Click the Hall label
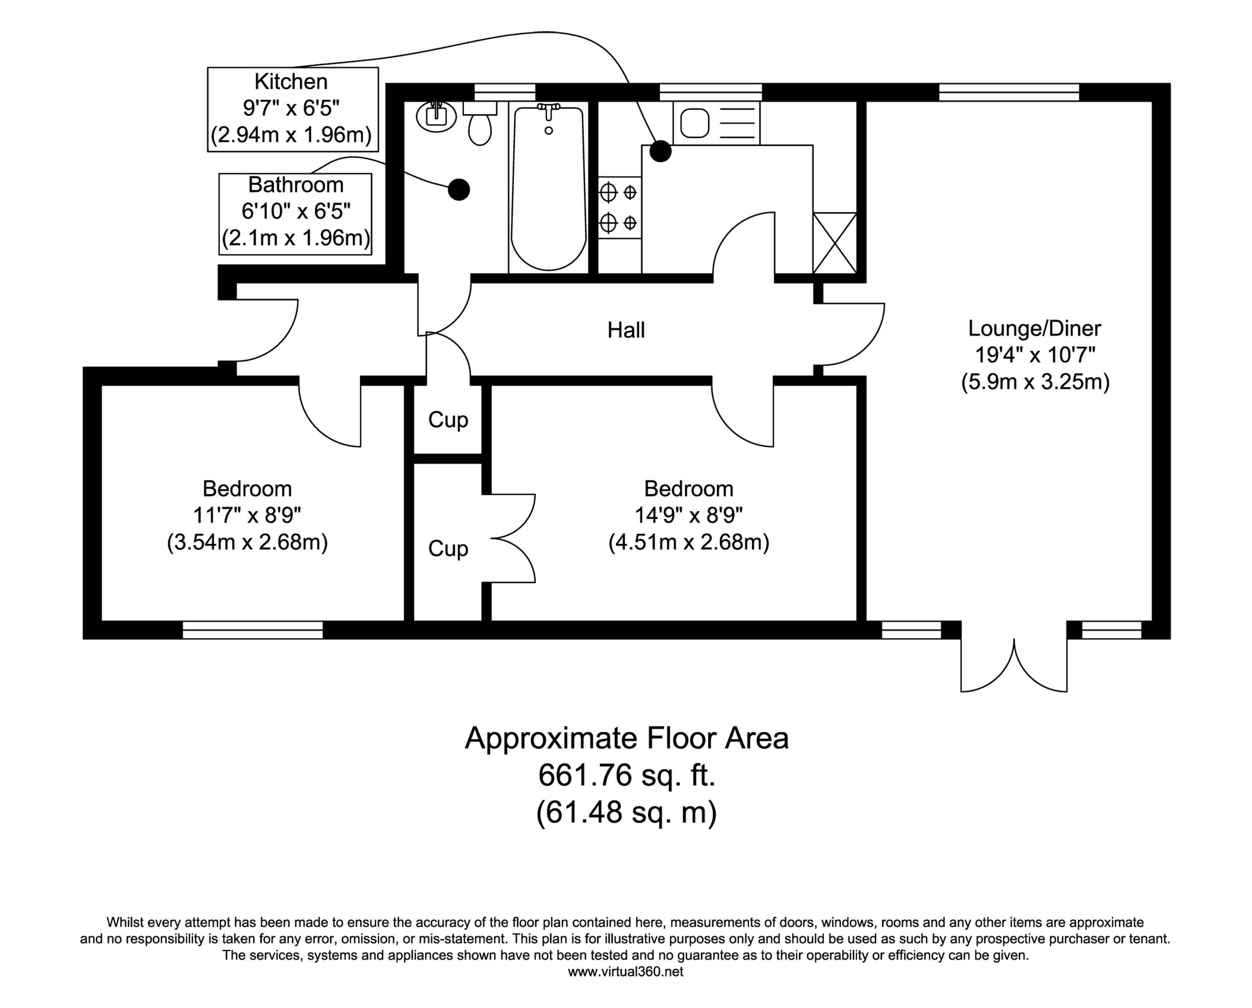click(626, 330)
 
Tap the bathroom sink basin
click(436, 116)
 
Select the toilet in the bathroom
click(480, 128)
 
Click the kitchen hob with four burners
click(619, 207)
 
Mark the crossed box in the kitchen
click(834, 243)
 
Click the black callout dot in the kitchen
click(660, 151)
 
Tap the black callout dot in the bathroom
click(459, 189)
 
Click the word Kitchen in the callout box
click(291, 82)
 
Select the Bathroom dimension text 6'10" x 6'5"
click(296, 211)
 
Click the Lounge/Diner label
click(1034, 329)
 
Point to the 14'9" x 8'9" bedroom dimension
click(689, 515)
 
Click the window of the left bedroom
click(253, 630)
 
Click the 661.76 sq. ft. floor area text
click(626, 775)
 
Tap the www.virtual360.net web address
click(626, 971)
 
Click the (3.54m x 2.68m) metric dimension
click(247, 542)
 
